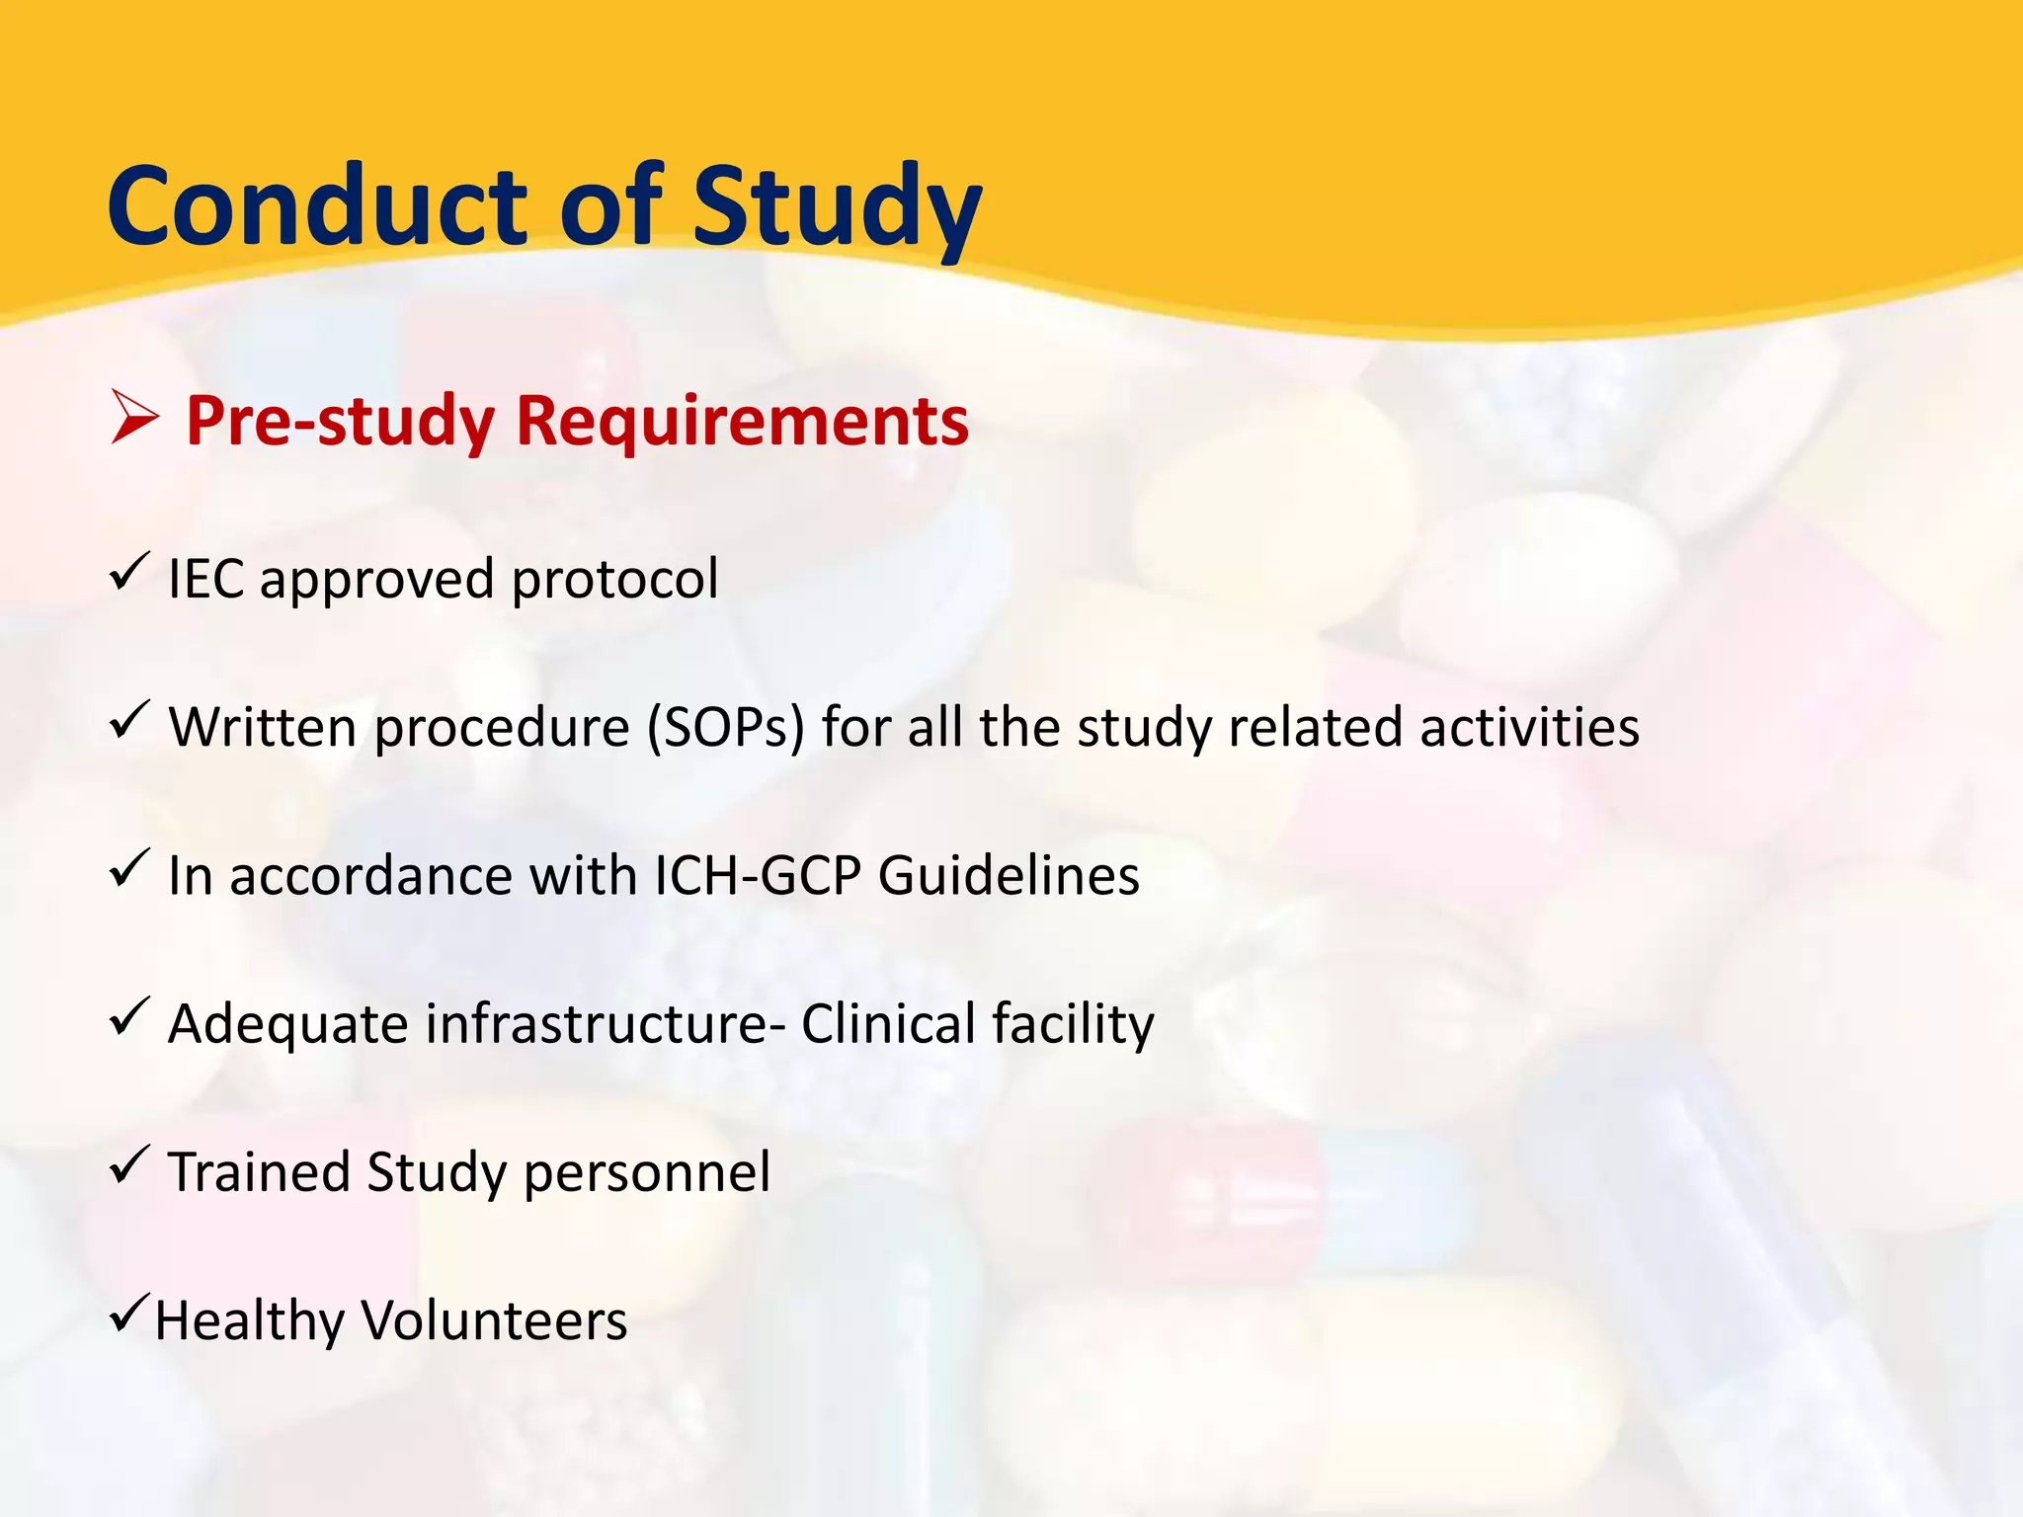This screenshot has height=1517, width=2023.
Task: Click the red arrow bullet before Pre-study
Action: click(133, 418)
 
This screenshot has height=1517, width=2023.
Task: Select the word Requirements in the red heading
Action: click(742, 422)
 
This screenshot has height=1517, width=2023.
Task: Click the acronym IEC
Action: click(205, 579)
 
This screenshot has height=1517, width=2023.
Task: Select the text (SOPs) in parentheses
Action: click(726, 729)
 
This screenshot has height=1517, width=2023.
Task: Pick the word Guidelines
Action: click(1009, 876)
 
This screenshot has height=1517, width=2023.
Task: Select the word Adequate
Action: click(287, 1025)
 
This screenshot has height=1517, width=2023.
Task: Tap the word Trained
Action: click(259, 1172)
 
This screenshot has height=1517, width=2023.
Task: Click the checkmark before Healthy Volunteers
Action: click(129, 1313)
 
